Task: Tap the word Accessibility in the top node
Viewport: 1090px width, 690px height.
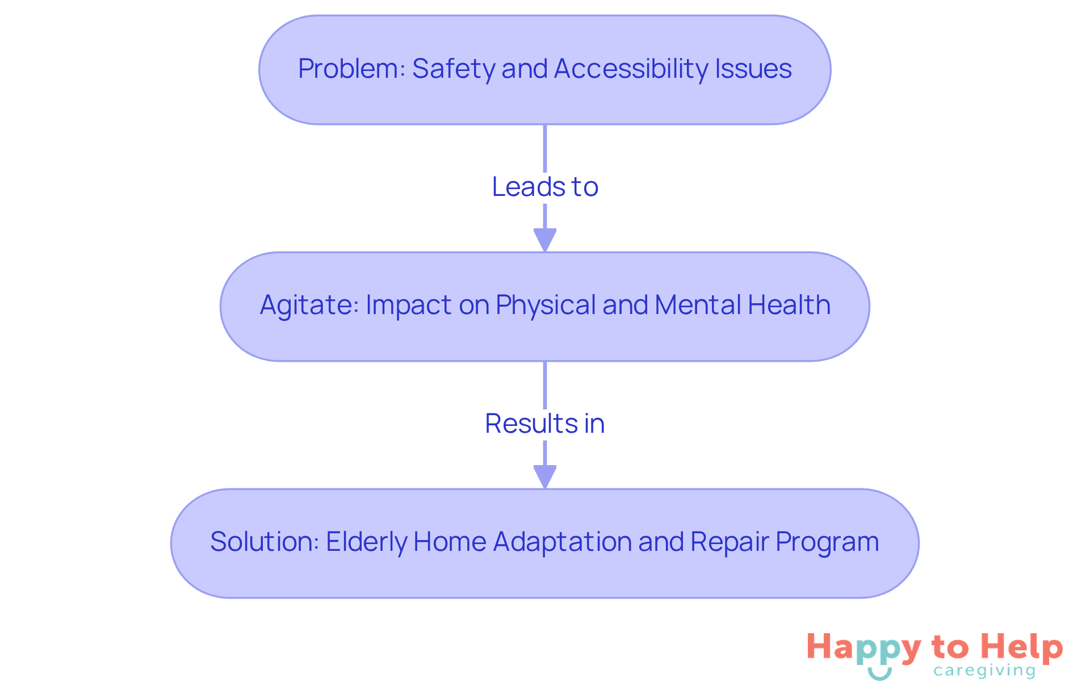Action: click(x=631, y=69)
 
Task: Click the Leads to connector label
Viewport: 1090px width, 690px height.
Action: click(x=545, y=187)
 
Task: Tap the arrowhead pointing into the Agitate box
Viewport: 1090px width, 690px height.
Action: click(x=545, y=239)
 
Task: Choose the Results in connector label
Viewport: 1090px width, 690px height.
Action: click(x=545, y=424)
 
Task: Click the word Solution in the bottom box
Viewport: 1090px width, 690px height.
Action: click(x=263, y=542)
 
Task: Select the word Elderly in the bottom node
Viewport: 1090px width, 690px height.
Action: click(x=366, y=542)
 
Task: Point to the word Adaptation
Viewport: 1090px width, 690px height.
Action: click(x=563, y=542)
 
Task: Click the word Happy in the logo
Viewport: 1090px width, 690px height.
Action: click(x=864, y=648)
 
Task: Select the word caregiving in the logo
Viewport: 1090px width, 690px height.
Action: click(x=984, y=671)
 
